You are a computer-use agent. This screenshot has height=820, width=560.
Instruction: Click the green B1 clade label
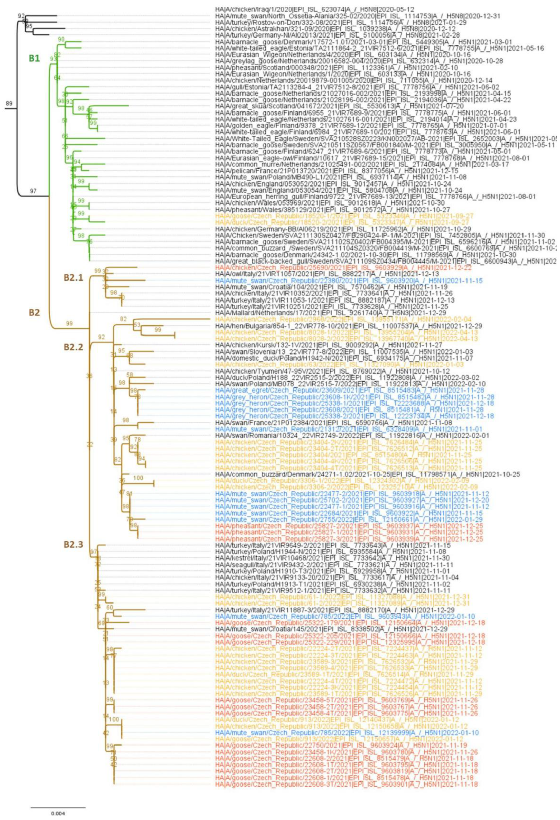tap(34, 58)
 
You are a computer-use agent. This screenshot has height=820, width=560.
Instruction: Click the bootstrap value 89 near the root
tap(9, 103)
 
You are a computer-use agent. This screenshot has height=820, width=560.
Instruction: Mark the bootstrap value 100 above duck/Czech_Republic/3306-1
tap(138, 478)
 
